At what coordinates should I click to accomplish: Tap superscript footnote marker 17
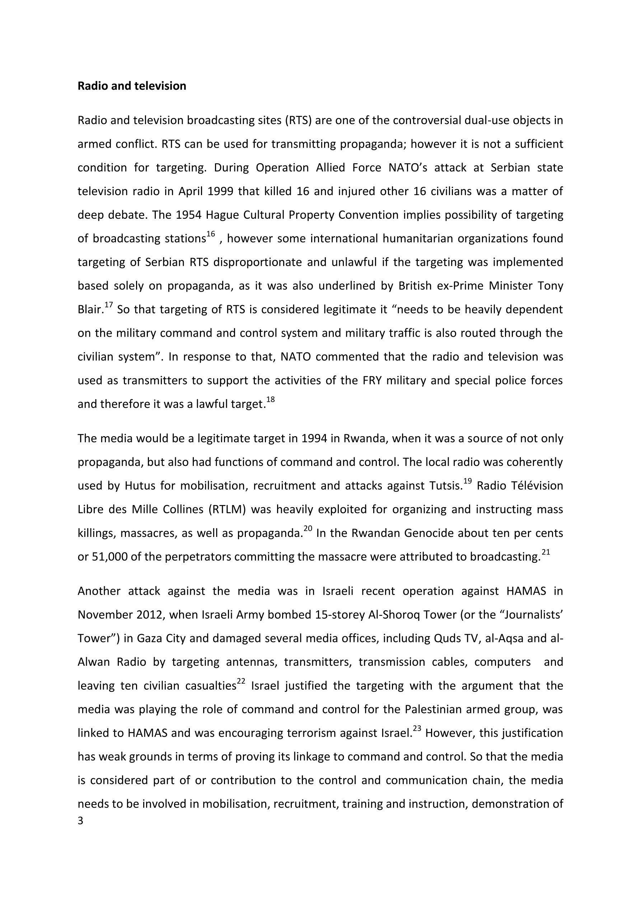(109, 305)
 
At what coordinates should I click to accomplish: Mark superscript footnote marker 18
(271, 400)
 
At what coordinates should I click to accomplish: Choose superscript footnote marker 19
(467, 481)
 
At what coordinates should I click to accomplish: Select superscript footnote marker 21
(546, 552)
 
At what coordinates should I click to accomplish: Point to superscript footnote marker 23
(417, 729)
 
